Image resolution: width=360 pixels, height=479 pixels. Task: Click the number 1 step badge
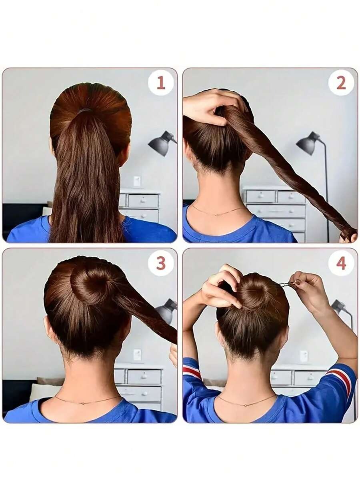coord(161,83)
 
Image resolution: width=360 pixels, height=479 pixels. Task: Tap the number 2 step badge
coord(341,83)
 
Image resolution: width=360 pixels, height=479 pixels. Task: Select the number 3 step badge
coord(161,263)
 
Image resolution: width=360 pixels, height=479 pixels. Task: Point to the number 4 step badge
coord(341,263)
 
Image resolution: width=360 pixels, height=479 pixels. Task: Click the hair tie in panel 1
coord(84,111)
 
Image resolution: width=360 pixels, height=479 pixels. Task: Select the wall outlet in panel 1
coord(137,181)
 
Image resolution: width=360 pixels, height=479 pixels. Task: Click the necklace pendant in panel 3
coord(83,403)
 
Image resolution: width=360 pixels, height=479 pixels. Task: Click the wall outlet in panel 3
coord(137,355)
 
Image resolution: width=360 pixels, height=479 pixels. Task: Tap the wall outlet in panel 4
coord(304,356)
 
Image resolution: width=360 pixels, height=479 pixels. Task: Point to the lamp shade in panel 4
coord(338,305)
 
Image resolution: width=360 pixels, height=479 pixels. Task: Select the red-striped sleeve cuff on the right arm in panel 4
coord(340,378)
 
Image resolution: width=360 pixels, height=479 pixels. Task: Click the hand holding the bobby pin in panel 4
coord(307,289)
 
